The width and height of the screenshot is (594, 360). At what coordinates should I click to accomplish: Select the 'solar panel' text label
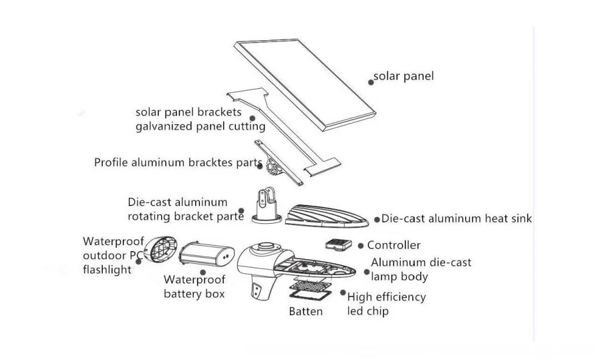click(403, 77)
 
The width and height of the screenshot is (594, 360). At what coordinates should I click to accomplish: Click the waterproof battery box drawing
click(207, 254)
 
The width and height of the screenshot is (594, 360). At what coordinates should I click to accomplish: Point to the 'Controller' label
click(393, 245)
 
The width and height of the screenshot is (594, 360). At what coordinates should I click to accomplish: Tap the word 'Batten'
click(306, 311)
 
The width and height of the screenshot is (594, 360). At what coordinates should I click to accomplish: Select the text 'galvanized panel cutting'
click(200, 126)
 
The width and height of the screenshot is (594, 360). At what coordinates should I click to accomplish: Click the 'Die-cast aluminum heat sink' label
click(457, 218)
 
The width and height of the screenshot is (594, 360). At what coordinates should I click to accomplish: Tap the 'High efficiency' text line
click(386, 297)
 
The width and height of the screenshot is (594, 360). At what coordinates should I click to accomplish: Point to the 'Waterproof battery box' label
click(195, 287)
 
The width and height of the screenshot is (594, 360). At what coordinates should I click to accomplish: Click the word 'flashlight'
click(107, 269)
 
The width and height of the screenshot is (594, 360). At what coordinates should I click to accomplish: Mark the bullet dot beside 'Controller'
click(361, 246)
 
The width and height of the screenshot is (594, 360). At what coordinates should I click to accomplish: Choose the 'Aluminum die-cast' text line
click(421, 263)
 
